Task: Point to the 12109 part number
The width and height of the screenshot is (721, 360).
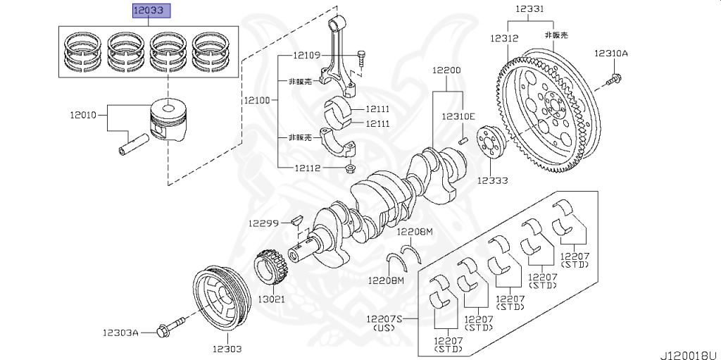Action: coord(307,55)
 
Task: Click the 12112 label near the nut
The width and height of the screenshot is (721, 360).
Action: coord(307,168)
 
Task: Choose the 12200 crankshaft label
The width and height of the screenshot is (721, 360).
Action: coord(446,70)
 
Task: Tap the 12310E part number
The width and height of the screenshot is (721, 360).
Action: coord(458,116)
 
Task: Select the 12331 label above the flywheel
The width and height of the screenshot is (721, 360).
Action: coord(529,8)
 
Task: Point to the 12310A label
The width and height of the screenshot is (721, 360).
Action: coord(610,53)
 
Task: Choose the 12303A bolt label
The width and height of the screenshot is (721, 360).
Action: coord(119,331)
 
